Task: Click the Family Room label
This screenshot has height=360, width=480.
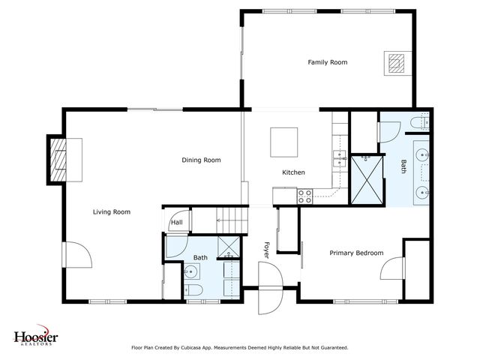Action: [328, 62]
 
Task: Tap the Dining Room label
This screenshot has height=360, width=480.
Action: [201, 160]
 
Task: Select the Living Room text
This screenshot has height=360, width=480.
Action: [112, 212]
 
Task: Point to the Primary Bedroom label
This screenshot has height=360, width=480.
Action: [357, 253]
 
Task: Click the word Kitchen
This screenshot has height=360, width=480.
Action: [293, 172]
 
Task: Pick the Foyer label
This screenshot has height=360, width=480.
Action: [265, 248]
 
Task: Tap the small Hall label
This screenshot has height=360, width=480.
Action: [176, 222]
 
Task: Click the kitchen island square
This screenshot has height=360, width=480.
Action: [285, 140]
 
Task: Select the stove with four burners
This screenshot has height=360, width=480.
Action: [305, 196]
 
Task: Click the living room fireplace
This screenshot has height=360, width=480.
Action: [58, 159]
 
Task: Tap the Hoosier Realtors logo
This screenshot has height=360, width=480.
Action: [36, 337]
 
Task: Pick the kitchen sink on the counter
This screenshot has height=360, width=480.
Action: [338, 157]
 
